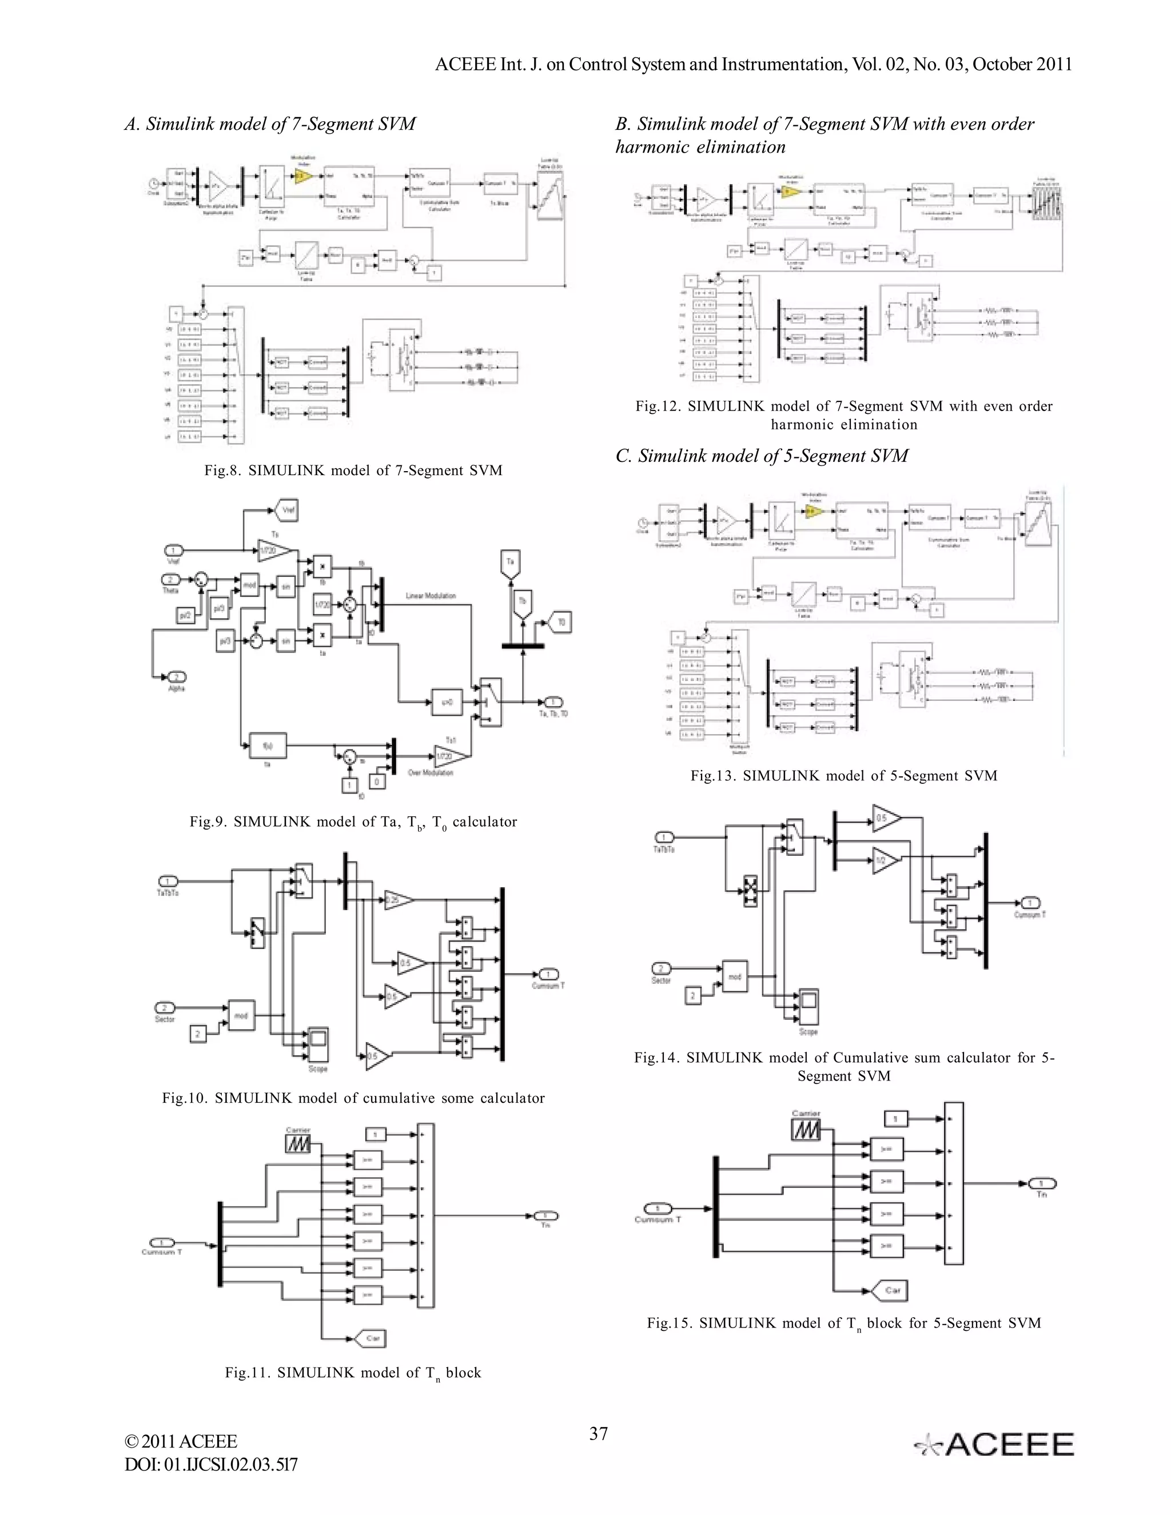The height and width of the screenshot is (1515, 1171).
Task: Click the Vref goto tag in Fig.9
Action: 286,511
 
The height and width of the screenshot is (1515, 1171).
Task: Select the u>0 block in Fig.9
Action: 446,702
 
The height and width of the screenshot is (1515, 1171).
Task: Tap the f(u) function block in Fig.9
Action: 267,745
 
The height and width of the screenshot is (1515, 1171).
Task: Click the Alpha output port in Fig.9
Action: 177,676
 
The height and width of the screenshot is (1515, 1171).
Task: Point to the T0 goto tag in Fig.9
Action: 560,622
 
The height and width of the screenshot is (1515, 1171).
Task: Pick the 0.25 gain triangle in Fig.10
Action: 397,900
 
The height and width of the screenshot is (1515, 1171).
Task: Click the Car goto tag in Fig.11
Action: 371,1338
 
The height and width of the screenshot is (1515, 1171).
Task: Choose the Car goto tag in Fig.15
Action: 891,1290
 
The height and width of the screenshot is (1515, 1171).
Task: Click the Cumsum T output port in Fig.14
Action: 1030,903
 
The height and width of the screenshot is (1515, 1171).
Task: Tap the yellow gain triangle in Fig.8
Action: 303,176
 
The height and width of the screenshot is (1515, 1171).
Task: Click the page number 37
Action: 599,1434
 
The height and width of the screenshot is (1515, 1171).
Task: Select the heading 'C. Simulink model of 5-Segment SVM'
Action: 762,456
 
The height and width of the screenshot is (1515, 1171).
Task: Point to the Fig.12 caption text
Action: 843,415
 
